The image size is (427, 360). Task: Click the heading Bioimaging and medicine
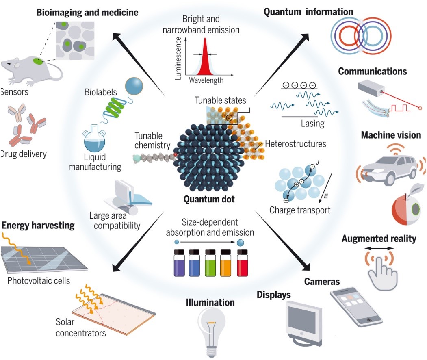(x=87, y=13)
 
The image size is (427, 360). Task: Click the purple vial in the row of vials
(x=179, y=263)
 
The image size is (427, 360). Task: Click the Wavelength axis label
(x=206, y=80)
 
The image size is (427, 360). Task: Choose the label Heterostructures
(x=295, y=144)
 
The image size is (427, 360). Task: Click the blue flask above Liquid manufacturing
(x=97, y=142)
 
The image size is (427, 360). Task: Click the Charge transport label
(x=300, y=210)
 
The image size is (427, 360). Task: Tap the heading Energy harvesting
(x=38, y=225)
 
